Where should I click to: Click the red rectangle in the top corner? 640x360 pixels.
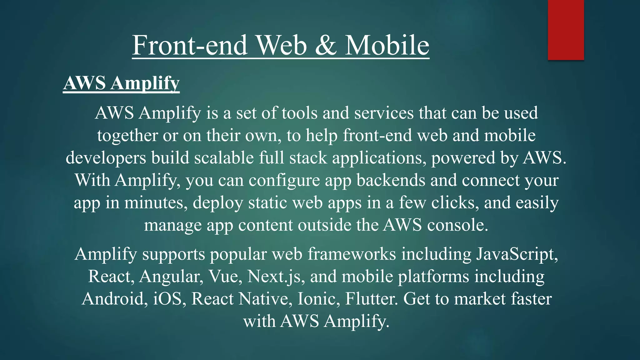tap(566, 30)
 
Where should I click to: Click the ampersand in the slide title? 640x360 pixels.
tap(326, 45)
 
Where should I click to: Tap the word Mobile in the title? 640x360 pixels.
tap(387, 45)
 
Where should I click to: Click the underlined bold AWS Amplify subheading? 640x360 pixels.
tap(121, 83)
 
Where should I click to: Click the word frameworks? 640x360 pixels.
tap(352, 254)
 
